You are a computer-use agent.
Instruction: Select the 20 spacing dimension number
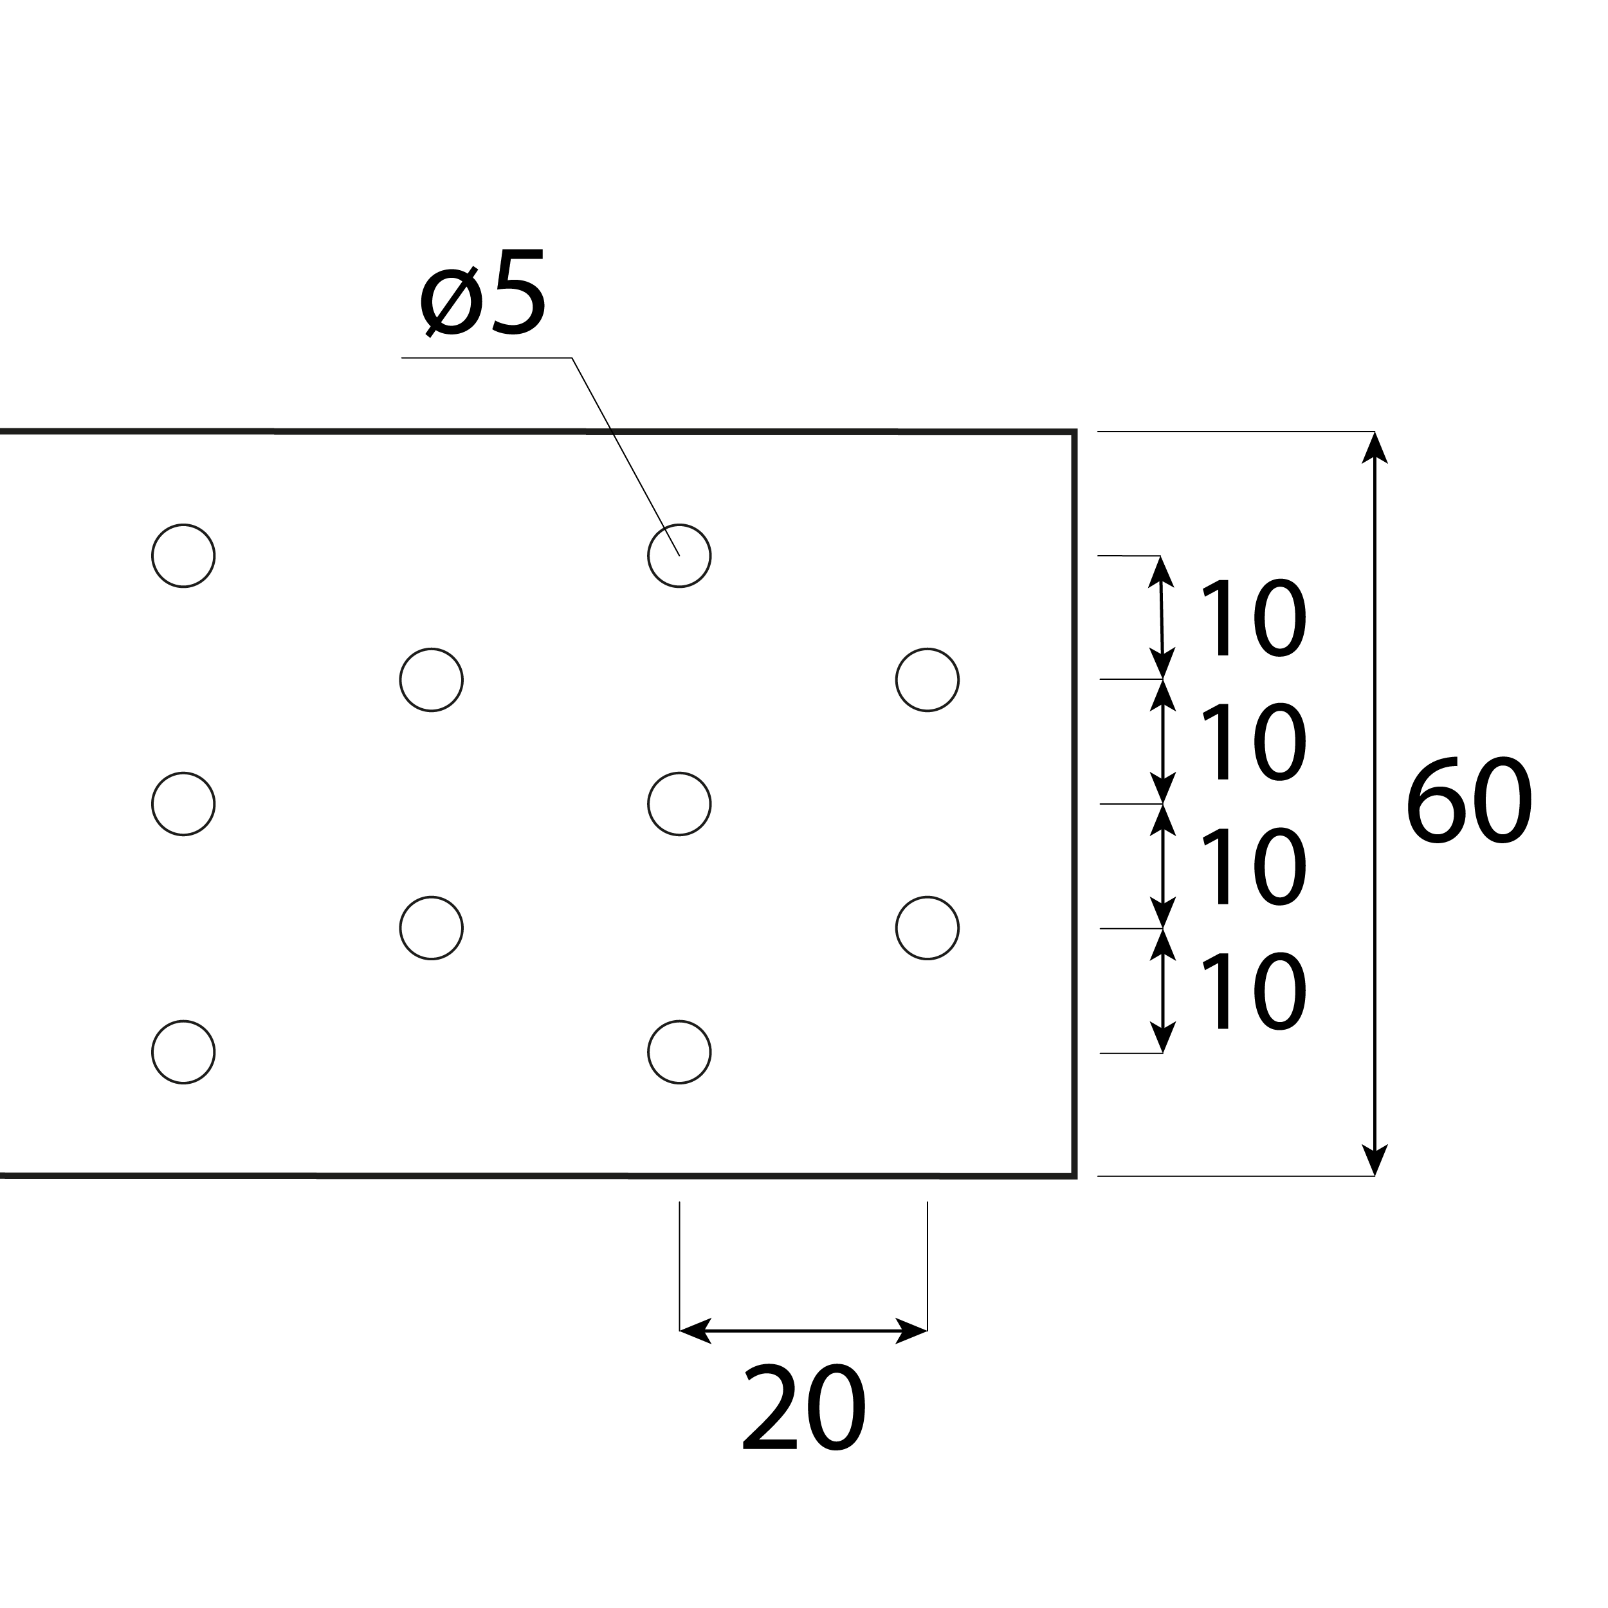pos(804,1408)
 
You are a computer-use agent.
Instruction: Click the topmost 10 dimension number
pos(1252,617)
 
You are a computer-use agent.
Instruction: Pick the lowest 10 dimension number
pos(1252,991)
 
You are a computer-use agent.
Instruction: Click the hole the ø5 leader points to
pos(679,555)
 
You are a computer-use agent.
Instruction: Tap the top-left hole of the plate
pos(183,555)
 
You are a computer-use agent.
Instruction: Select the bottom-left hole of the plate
pos(183,1052)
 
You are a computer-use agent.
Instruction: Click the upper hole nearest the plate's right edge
pos(927,679)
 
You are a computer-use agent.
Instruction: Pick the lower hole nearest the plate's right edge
pos(927,928)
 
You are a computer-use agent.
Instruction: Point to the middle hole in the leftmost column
pos(183,803)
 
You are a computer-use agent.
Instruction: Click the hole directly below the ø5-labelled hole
pos(679,803)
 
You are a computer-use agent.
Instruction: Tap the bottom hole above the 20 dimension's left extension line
pos(679,1052)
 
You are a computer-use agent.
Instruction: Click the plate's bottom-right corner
pos(1075,1176)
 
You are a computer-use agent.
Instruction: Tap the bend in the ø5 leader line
pos(572,358)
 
